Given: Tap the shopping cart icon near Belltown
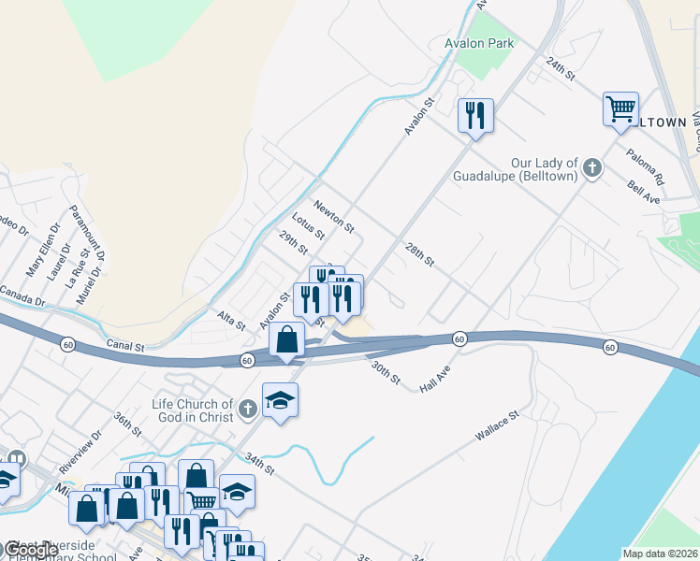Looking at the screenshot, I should point(620,110).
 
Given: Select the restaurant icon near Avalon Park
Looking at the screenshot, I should point(475,116).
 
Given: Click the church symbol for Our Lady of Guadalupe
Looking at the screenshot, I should point(591,168).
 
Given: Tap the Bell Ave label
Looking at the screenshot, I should point(645,193).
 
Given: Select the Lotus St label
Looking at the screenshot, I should point(308,227).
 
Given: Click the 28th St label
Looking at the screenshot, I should point(420,254).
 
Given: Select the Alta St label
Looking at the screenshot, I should point(232,321).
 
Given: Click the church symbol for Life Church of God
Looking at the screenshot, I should point(247,409).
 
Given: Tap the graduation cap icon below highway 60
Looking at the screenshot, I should point(280,401).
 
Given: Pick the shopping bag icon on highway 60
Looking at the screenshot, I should point(287,340).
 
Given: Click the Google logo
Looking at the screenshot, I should point(31,551).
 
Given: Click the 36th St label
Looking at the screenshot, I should point(127,424).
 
